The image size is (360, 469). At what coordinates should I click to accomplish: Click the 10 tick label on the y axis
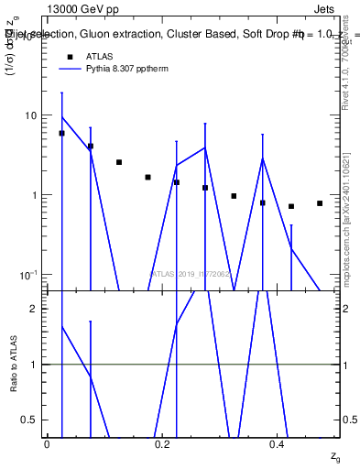[30, 115]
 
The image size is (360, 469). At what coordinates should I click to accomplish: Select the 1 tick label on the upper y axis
[34, 195]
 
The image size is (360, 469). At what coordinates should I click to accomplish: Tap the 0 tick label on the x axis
[47, 444]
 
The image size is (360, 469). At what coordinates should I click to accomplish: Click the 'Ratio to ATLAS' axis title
[13, 364]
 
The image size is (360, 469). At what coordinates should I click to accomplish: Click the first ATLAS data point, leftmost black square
[61, 134]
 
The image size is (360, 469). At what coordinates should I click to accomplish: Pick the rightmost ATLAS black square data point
[320, 203]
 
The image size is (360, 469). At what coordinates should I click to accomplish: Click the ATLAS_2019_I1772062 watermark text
[191, 274]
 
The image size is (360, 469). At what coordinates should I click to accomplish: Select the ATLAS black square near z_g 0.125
[119, 162]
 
